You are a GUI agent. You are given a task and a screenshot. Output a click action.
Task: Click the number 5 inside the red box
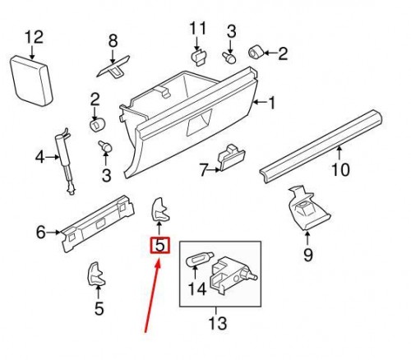pyautogui.click(x=159, y=245)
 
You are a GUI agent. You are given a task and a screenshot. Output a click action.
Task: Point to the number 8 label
pyautogui.click(x=113, y=39)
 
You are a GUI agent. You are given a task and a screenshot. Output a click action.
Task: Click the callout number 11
pyautogui.click(x=196, y=30)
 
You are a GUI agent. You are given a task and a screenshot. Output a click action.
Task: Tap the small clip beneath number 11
pyautogui.click(x=198, y=57)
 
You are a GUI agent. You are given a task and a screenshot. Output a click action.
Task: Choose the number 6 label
pyautogui.click(x=40, y=233)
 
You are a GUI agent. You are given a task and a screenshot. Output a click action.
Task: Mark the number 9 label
pyautogui.click(x=308, y=255)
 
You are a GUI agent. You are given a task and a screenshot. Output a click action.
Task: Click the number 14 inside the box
pyautogui.click(x=196, y=288)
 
